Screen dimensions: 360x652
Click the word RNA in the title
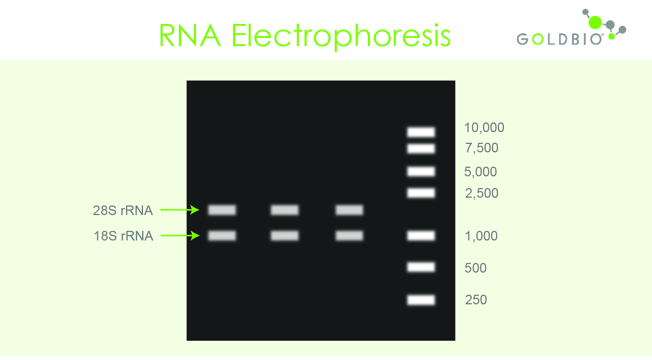tap(190, 35)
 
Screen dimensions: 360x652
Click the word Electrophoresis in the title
tap(341, 36)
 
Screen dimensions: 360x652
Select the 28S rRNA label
tap(123, 210)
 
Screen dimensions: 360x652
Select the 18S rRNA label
tap(123, 236)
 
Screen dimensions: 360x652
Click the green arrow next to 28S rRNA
tap(180, 210)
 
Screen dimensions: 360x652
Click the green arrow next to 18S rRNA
tap(180, 235)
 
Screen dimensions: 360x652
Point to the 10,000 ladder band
tap(421, 132)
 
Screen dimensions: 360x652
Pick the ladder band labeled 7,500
tap(421, 149)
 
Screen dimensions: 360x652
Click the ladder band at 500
tap(421, 267)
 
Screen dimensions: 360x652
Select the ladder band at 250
tap(421, 300)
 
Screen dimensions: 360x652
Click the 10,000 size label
tap(484, 128)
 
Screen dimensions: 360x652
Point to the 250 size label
tap(476, 300)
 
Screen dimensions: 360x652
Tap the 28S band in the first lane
tap(222, 210)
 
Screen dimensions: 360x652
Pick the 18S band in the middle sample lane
tap(285, 235)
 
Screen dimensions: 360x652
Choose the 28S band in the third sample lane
tap(349, 210)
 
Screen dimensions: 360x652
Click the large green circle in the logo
tap(595, 22)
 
